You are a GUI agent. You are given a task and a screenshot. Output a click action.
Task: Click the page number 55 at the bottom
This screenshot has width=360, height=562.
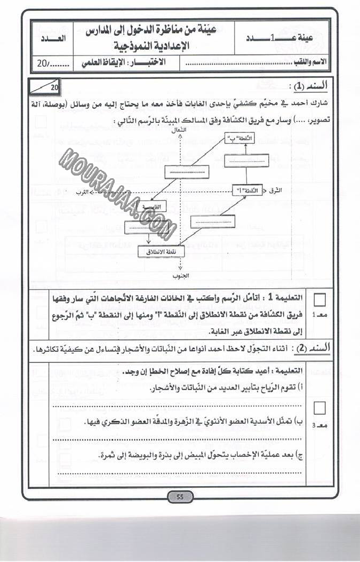tap(180, 497)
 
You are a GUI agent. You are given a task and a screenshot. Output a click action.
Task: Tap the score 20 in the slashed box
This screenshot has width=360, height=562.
tap(53, 86)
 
